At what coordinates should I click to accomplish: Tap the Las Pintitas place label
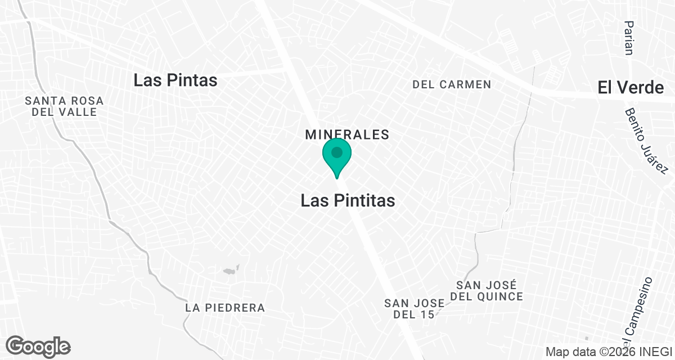point(348,201)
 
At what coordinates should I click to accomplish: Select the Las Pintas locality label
point(175,80)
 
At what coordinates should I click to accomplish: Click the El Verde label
point(631,87)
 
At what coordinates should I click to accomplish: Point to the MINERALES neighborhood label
point(347,135)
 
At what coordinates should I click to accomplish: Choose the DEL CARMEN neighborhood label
point(452,85)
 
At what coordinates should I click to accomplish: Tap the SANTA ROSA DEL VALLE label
point(64,106)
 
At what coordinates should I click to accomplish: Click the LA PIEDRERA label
point(225,308)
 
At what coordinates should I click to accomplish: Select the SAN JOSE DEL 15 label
point(415,309)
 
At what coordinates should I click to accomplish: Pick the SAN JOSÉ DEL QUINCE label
point(487,291)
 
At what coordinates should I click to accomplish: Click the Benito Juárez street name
point(645,141)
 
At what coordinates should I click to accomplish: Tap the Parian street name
point(629,38)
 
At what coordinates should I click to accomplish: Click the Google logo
point(38,346)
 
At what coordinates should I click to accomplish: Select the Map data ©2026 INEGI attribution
point(609,352)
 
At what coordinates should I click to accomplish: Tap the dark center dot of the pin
point(337,152)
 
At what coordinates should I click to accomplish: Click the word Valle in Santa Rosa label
point(80,112)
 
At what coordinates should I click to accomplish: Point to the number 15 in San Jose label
point(428,314)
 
